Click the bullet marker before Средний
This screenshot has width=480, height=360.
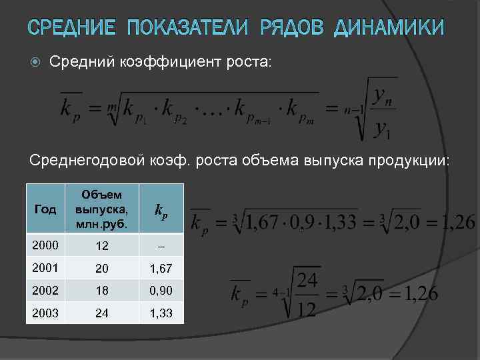pos(35,62)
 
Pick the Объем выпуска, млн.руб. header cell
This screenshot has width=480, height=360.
pos(102,209)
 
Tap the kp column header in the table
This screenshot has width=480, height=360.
pos(161,210)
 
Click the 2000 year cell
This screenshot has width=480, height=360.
pos(42,245)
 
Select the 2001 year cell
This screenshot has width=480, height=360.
pos(42,267)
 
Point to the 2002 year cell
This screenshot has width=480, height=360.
pos(42,290)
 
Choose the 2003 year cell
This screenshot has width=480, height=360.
pos(42,312)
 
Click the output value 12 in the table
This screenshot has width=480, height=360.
pos(102,246)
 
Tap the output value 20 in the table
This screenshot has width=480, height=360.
pos(102,268)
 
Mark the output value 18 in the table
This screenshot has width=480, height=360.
pos(102,291)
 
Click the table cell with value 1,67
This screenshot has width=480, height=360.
pos(161,268)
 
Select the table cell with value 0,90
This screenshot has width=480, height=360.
pos(161,291)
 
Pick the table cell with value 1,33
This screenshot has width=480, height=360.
pos(161,313)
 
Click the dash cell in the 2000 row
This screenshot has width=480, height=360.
pos(161,246)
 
